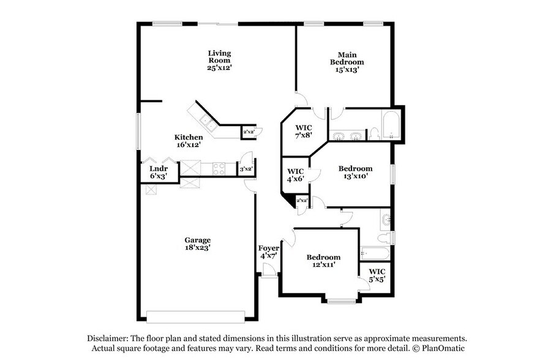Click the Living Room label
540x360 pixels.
point(219,56)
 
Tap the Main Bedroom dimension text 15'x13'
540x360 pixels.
point(347,70)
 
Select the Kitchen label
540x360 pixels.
point(189,137)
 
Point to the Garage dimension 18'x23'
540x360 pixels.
point(198,248)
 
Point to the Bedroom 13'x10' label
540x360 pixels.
point(355,168)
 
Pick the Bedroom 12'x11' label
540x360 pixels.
point(323,257)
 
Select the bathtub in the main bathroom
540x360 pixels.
point(390,126)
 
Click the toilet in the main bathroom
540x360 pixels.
point(373,133)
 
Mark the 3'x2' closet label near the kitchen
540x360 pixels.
point(247,169)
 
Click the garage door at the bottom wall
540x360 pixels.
point(195,317)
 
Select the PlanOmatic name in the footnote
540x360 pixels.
point(443,348)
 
